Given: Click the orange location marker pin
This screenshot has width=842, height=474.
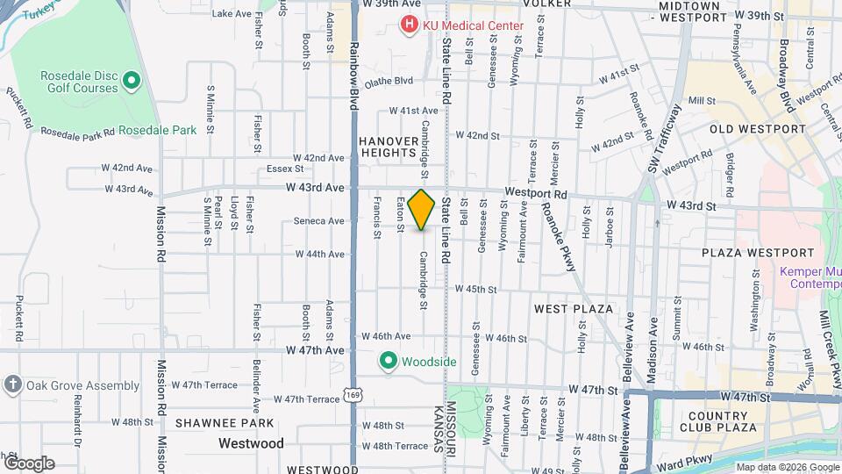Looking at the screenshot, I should (x=422, y=210).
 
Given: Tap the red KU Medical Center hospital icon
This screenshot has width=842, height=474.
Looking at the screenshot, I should (x=409, y=25).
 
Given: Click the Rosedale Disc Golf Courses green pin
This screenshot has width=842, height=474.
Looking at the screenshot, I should (x=132, y=83).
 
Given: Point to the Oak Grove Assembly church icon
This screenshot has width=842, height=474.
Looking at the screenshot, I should (x=12, y=385).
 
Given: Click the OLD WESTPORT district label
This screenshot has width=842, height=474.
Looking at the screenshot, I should (x=757, y=129).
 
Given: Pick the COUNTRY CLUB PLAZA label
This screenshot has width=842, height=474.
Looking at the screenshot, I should (x=722, y=421).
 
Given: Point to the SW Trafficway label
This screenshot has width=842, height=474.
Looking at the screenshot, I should (x=664, y=140).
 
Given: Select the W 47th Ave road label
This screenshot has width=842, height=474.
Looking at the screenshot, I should (x=315, y=350).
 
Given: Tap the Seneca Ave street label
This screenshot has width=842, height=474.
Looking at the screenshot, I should (x=319, y=221).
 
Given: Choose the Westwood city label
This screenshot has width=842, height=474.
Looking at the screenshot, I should (x=251, y=444).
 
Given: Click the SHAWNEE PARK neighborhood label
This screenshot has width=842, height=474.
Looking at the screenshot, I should (x=215, y=423).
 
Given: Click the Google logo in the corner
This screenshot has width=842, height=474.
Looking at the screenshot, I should (x=29, y=463).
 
